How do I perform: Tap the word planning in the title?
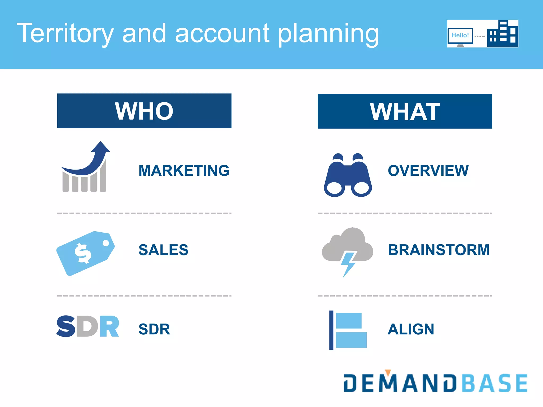coord(328,34)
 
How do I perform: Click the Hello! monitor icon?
coord(460,36)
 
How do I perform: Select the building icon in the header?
coord(503,34)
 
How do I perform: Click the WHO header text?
coord(144,111)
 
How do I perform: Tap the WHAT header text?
coord(405,112)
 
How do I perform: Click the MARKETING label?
coord(184,170)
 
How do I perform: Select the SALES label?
coord(163,250)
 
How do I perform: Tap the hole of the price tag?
coord(106,243)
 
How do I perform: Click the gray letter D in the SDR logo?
coord(87,326)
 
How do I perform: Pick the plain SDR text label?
coord(154,329)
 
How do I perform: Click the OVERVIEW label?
coord(428,170)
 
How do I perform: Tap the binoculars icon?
coord(348,176)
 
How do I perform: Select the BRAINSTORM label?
coord(439,250)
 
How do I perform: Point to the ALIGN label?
coord(411,329)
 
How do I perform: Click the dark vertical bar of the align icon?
coord(331,330)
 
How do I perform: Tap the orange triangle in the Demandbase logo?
coord(388,372)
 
